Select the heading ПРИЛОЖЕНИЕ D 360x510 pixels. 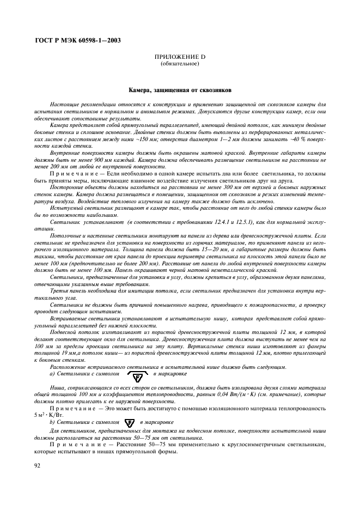(x=180, y=58)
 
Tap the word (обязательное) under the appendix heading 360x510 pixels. (x=180, y=64)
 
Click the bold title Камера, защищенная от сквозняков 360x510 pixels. (x=180, y=88)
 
